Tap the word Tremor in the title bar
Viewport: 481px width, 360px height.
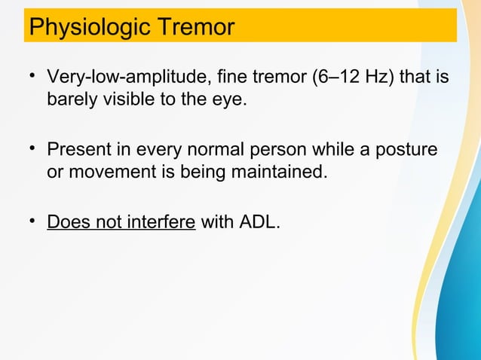click(195, 27)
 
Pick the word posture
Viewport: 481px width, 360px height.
click(409, 151)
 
